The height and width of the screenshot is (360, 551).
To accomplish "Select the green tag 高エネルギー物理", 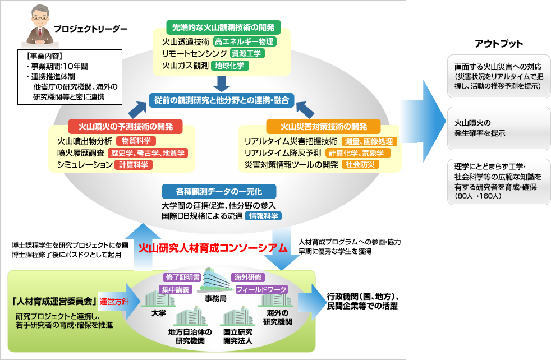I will point(245,41).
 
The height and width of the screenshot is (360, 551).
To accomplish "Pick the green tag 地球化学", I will point(231,66).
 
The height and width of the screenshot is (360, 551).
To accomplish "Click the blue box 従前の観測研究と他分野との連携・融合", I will point(222,100).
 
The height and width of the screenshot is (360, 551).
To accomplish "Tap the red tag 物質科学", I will point(136,141).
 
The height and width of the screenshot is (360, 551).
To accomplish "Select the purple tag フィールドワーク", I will point(261,289).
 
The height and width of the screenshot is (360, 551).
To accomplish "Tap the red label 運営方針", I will point(114,301).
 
